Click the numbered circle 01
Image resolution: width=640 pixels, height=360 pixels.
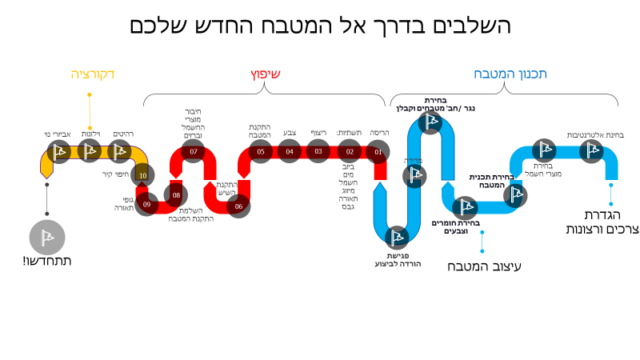[378, 151]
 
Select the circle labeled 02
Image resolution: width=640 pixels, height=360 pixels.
[350, 151]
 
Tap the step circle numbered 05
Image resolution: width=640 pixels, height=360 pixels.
[260, 151]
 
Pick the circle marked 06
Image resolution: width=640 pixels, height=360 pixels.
[238, 206]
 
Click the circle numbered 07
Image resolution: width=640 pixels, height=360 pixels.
[194, 151]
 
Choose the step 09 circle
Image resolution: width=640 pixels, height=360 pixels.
[146, 204]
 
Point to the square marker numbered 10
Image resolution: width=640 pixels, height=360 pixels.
[142, 174]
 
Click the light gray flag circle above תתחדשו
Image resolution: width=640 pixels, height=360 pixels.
[47, 237]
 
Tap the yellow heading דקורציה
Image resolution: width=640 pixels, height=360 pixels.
[93, 74]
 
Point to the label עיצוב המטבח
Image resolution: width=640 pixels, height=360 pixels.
[484, 266]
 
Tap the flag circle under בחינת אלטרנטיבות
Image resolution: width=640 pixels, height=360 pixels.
[591, 151]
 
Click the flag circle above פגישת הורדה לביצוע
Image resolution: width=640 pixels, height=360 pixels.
[397, 237]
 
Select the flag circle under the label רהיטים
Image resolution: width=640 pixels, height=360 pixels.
[118, 151]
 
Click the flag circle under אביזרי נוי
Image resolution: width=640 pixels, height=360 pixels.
[58, 151]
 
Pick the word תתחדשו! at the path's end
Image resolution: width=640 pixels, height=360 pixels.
[47, 261]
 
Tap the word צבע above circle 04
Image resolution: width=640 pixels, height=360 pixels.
[290, 133]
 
